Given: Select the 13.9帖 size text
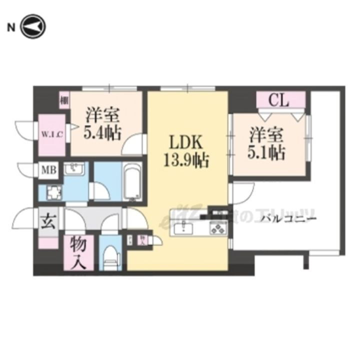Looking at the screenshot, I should [x=185, y=161].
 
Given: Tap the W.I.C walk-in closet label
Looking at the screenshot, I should [x=51, y=135].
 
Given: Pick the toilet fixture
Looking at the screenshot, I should [x=109, y=257].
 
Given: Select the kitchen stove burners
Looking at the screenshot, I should [x=218, y=229].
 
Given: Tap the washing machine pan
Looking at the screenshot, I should [x=52, y=192].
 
